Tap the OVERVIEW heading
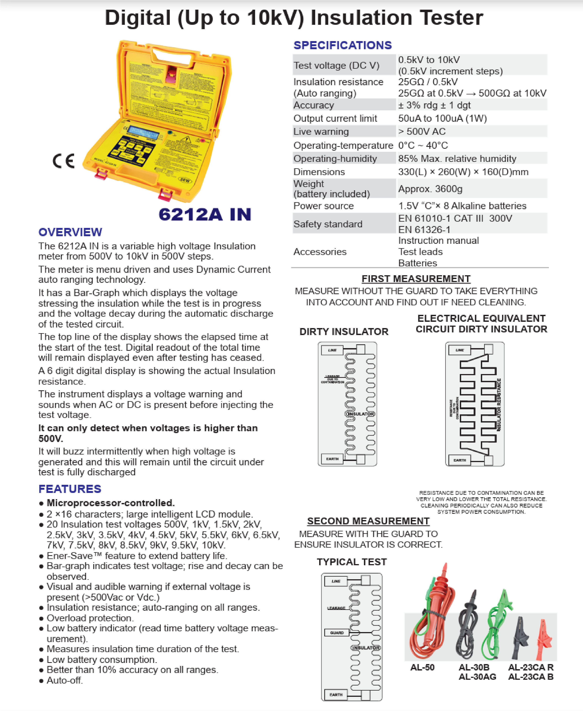[x=70, y=232]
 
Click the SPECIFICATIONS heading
[x=342, y=45]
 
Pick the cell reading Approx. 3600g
[x=430, y=189]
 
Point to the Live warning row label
[x=321, y=132]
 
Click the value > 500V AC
[x=422, y=132]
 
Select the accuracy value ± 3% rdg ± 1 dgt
[x=434, y=105]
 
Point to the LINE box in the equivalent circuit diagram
[x=459, y=350]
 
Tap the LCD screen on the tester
[x=144, y=133]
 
